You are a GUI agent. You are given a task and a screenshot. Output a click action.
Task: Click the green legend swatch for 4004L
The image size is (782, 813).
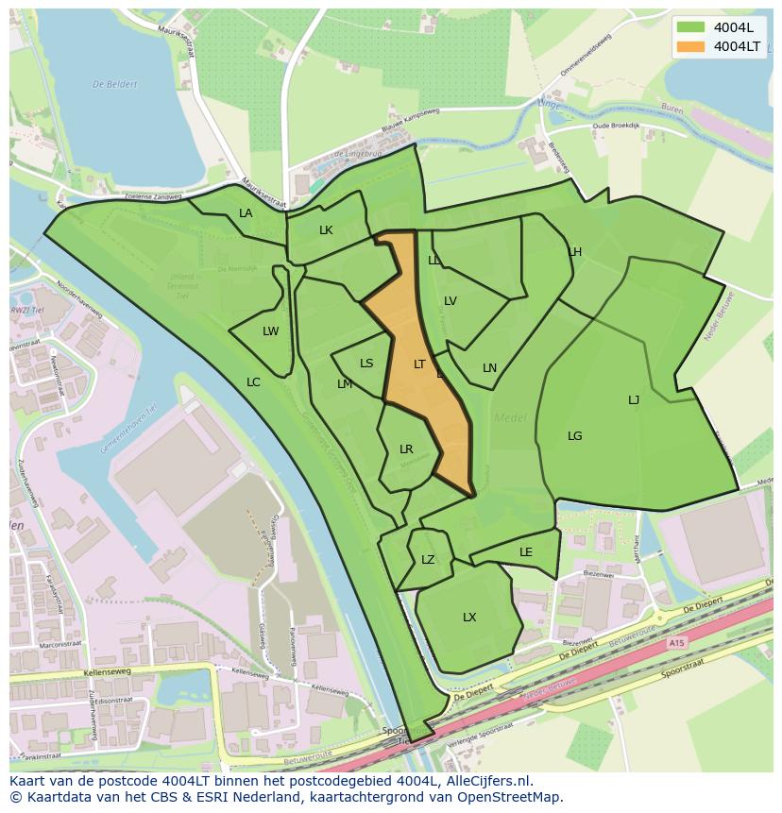691,26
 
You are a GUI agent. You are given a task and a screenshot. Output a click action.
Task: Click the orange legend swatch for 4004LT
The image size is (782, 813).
691,46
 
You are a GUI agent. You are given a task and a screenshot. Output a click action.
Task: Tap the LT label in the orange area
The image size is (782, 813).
419,364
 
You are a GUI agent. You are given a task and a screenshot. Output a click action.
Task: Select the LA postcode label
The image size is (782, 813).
246,213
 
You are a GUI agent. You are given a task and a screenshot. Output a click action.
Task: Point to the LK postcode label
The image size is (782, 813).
326,230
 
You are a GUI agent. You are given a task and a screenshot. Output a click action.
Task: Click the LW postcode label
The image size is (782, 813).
271,331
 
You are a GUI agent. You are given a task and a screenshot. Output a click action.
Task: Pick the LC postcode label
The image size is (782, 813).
253,382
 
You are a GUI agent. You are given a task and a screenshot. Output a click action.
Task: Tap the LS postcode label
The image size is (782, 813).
366,364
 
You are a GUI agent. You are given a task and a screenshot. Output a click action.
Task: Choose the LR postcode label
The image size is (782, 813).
406,449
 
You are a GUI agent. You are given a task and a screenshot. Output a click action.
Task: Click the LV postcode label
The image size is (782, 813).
450,301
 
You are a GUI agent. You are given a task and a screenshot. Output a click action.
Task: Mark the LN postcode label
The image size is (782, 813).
489,368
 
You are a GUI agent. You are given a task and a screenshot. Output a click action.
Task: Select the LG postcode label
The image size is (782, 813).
575,436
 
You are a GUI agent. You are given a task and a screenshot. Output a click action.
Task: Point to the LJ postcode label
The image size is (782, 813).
634,400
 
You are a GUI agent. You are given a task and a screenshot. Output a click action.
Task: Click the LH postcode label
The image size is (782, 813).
575,252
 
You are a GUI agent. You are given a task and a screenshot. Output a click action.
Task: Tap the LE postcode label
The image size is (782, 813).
526,552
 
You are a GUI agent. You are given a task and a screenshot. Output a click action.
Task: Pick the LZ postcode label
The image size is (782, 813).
428,560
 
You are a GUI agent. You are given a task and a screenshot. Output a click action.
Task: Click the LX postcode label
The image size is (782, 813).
469,618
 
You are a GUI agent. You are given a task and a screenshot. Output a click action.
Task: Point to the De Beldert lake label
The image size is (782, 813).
114,84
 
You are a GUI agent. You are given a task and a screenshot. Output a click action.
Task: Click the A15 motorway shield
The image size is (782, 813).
675,642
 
